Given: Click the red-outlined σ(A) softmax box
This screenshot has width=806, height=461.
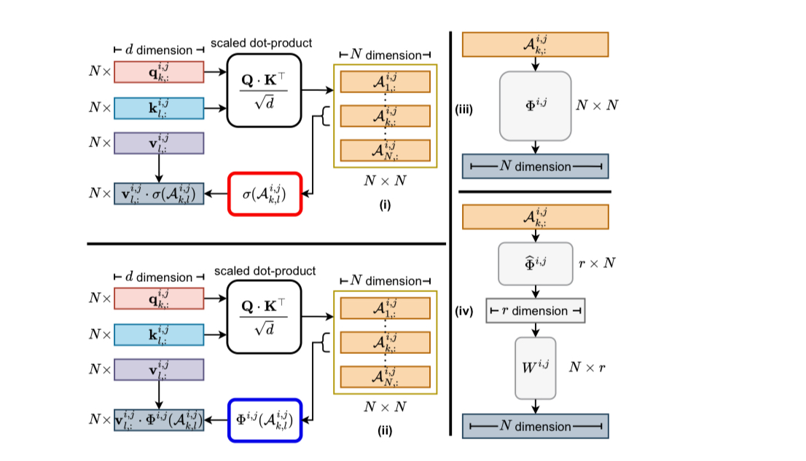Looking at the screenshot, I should [265, 194].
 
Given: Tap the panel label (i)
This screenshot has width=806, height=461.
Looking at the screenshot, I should [384, 205].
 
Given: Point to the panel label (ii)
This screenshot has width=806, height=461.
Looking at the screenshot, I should [384, 430].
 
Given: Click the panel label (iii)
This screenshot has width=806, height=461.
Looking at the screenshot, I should [465, 110].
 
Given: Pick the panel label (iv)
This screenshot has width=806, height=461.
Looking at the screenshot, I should [465, 312].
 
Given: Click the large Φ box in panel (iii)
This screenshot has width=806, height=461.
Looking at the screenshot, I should [535, 106].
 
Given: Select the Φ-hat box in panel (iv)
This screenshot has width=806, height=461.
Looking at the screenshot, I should [535, 263].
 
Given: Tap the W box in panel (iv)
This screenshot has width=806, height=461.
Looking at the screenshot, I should [535, 368].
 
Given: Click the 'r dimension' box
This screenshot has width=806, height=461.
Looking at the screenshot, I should [535, 311].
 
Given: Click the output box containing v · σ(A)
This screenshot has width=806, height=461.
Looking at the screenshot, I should [158, 194].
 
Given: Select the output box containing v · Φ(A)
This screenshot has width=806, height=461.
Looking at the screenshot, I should [158, 420].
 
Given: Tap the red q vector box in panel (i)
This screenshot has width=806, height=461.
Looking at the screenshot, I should [159, 72].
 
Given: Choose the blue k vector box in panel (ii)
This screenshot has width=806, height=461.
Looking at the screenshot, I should [159, 334].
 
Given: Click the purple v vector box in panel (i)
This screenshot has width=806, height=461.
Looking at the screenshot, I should [159, 143].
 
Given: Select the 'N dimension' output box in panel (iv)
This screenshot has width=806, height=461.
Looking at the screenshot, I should [535, 426].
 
